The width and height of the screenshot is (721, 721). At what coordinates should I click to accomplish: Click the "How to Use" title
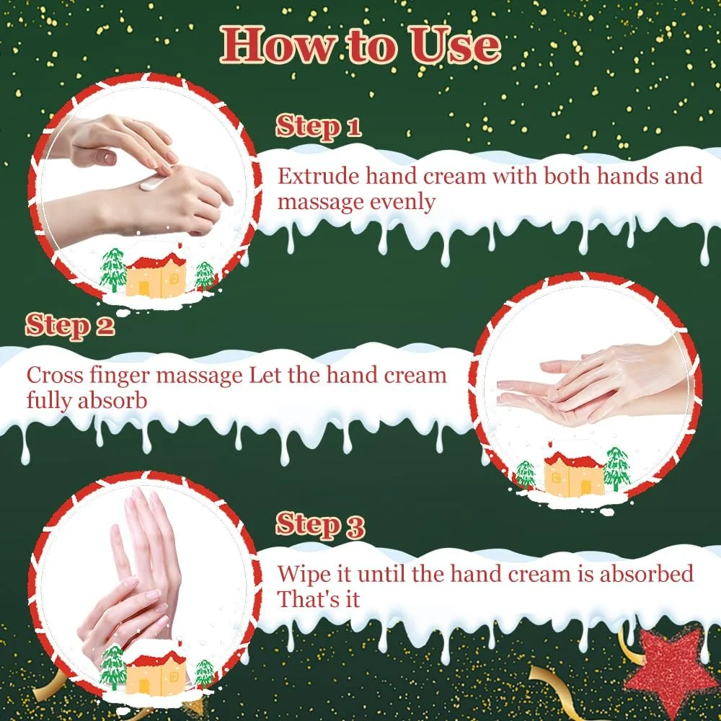(x=360, y=45)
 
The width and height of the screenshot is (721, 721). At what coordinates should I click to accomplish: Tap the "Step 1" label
(x=318, y=126)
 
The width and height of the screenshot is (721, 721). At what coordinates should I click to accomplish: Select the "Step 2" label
(x=70, y=326)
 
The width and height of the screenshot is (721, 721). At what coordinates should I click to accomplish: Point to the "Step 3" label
(x=320, y=525)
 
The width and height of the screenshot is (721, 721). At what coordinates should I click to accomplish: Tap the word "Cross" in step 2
(x=55, y=375)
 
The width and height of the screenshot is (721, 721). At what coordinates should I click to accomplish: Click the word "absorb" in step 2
(x=112, y=400)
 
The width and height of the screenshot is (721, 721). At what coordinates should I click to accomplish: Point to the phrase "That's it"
(x=318, y=600)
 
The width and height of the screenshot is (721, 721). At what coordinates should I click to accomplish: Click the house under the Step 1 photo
(x=156, y=275)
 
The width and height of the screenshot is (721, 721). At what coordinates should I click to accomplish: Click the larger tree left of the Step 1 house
(x=112, y=270)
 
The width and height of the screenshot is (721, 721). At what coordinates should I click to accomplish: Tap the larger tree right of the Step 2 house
(x=616, y=469)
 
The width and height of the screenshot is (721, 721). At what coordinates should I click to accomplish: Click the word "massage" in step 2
(x=199, y=377)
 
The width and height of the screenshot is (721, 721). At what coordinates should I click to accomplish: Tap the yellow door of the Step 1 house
(x=144, y=288)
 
